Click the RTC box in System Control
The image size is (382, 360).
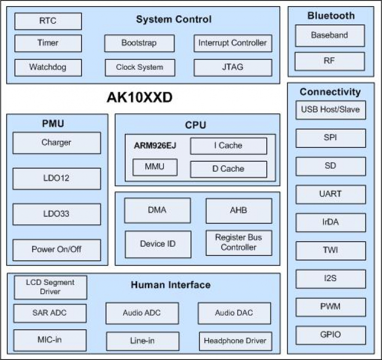[48, 21]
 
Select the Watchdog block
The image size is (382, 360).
[48, 67]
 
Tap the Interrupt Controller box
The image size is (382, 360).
[232, 43]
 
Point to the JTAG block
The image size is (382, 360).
[232, 67]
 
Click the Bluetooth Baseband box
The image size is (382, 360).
[330, 36]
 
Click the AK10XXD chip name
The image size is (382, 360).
[139, 98]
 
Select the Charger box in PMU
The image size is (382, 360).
[57, 143]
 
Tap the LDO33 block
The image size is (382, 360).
[57, 214]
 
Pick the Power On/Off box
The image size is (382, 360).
[57, 250]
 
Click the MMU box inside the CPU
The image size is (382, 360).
[155, 167]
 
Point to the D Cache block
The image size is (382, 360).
[228, 169]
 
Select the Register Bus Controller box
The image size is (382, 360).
[238, 243]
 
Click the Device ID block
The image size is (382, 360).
[157, 244]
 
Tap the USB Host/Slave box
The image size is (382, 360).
[331, 110]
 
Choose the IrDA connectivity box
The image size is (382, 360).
[331, 222]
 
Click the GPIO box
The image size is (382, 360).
[331, 335]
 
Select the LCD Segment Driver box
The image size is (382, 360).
[50, 287]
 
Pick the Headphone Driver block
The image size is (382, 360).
[235, 341]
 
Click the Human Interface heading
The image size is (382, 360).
[171, 285]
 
